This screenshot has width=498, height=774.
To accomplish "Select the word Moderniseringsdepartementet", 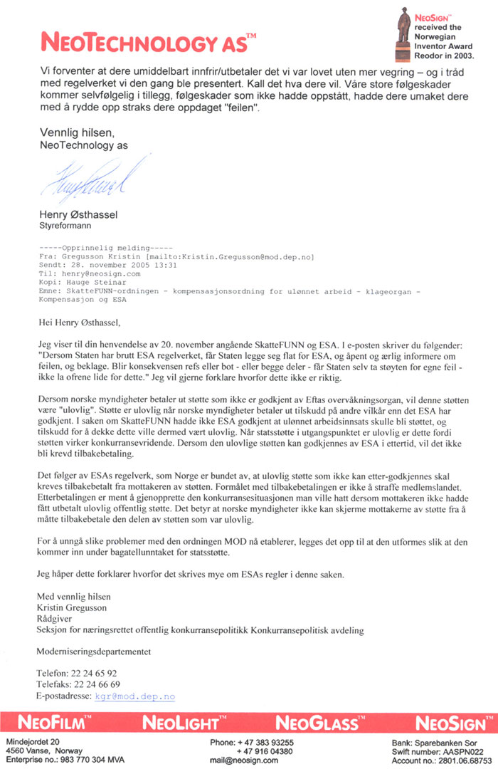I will coord(93,651).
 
